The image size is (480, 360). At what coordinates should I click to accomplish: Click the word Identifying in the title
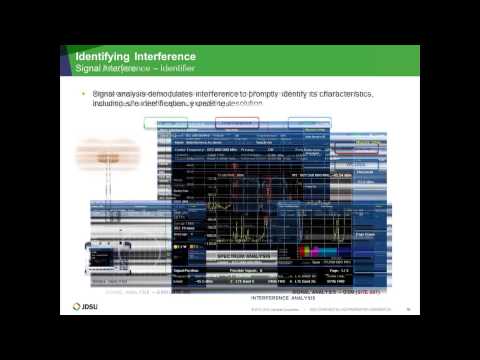pos(107,56)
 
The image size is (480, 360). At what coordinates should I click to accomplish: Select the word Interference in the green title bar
pos(166,56)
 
